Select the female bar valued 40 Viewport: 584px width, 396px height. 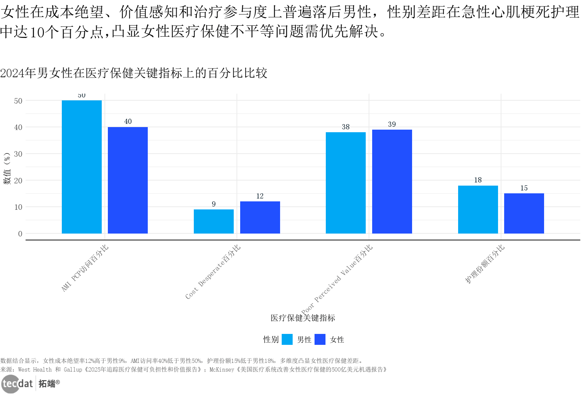[128, 180]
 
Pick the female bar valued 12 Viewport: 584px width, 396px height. [260, 217]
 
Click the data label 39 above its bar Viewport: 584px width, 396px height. [392, 124]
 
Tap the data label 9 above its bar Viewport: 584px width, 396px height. [214, 204]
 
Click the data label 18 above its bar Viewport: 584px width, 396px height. [478, 180]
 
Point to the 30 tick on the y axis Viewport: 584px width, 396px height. [18, 154]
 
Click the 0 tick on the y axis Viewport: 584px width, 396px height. [20, 234]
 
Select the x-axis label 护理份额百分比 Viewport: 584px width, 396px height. [485, 264]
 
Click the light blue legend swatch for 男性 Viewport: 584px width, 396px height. [287, 339]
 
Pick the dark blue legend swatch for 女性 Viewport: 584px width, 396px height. [320, 339]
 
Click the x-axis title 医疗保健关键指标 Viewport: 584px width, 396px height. [303, 318]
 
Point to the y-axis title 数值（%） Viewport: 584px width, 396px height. [7, 169]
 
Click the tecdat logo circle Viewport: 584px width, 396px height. [10, 384]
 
